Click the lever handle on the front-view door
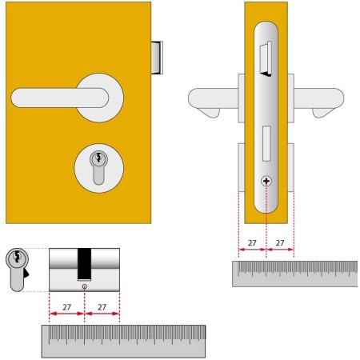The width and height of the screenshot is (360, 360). pos(56,98)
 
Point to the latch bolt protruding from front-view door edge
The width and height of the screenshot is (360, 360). pos(157,60)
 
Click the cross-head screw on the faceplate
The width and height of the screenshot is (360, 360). pos(266,182)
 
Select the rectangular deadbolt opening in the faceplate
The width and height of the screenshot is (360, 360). pos(266,145)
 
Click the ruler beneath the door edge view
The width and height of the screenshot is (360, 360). pos(294,274)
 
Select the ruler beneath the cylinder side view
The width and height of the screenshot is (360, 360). pos(123,342)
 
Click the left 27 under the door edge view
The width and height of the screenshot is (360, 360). pos(251,241)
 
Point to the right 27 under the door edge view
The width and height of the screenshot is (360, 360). pos(280,241)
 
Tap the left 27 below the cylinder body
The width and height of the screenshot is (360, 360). pos(66,306)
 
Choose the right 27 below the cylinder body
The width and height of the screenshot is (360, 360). pos(102,306)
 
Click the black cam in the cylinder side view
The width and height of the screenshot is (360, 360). pos(84,263)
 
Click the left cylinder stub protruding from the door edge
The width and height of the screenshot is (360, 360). pos(242,167)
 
